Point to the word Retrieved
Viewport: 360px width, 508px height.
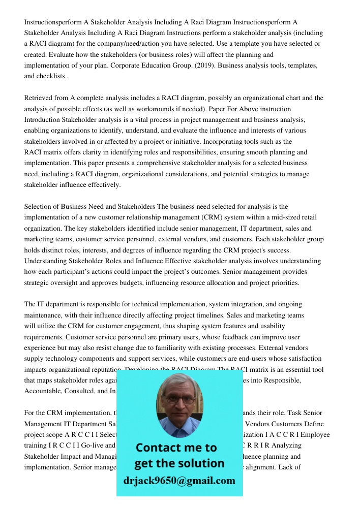pyautogui.click(x=39, y=98)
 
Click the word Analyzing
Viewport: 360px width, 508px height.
pyautogui.click(x=287, y=446)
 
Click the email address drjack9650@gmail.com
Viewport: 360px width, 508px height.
pyautogui.click(x=179, y=480)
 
